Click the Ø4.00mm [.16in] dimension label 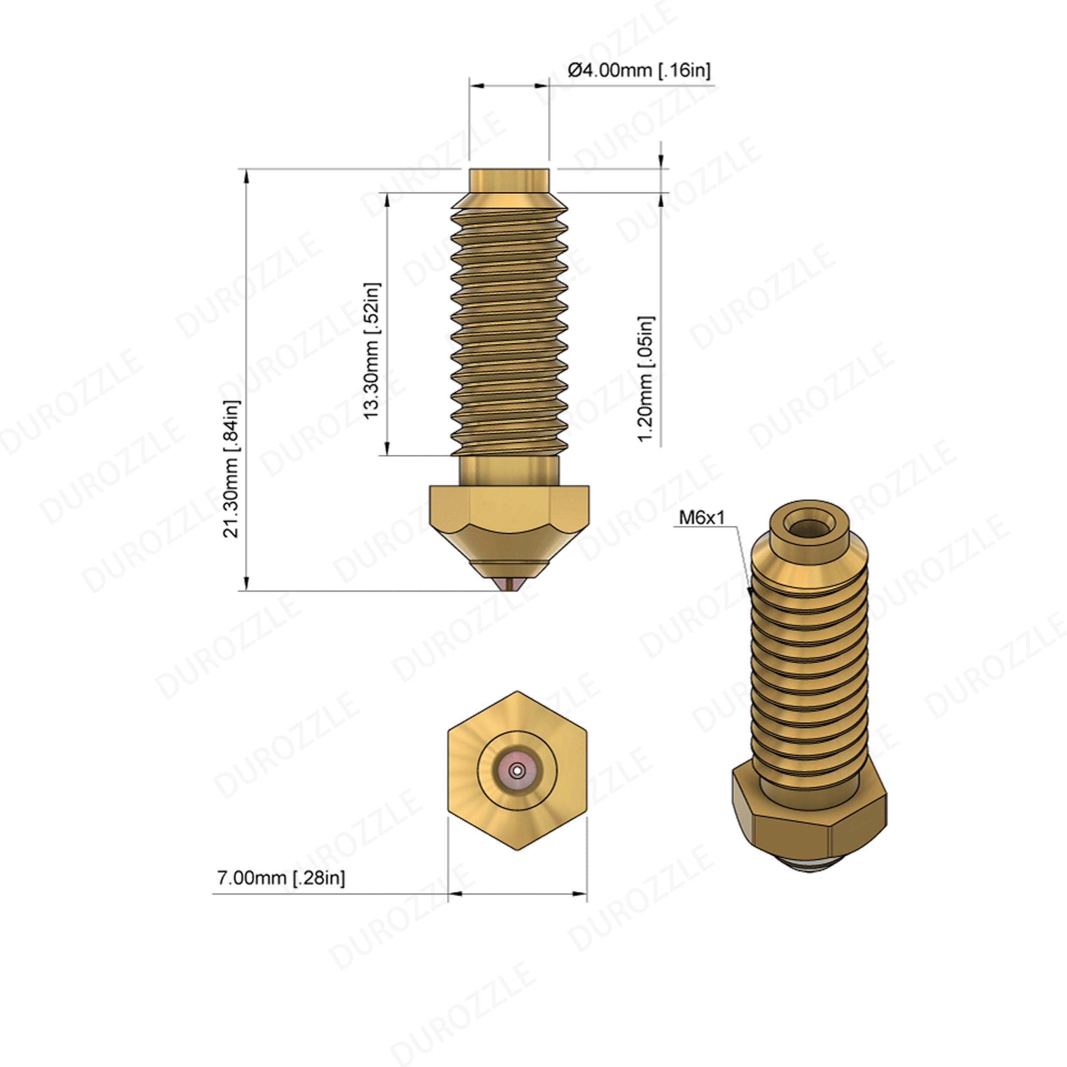pos(639,70)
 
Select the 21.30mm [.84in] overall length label pos(231,469)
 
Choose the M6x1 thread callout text pos(701,518)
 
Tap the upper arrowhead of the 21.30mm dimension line pos(247,176)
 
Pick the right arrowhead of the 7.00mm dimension pos(580,893)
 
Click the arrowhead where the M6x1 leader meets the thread pos(750,592)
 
